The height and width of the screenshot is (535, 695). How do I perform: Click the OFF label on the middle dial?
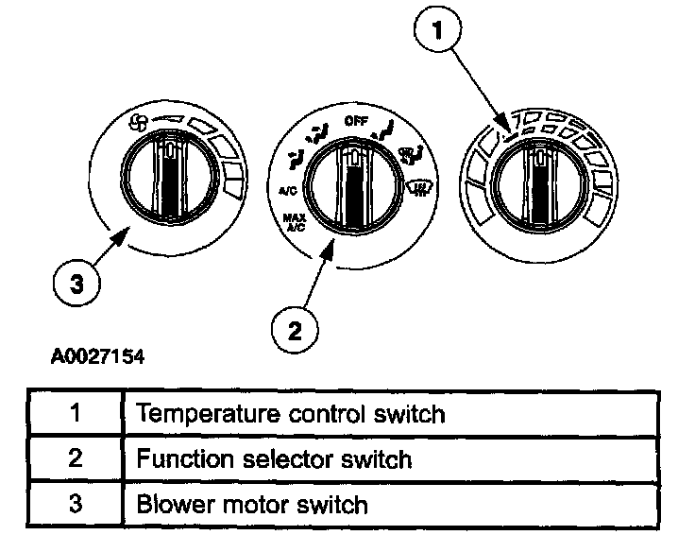356,120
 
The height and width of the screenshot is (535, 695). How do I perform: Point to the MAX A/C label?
292,223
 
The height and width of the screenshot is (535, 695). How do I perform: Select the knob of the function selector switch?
352,180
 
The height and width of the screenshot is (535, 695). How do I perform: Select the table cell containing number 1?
75,414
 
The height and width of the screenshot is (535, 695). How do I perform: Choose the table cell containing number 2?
75,459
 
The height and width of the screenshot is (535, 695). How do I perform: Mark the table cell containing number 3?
75,504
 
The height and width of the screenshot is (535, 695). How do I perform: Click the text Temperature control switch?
291,414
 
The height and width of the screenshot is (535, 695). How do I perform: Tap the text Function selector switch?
274,459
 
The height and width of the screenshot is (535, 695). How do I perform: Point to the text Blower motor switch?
252,504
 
